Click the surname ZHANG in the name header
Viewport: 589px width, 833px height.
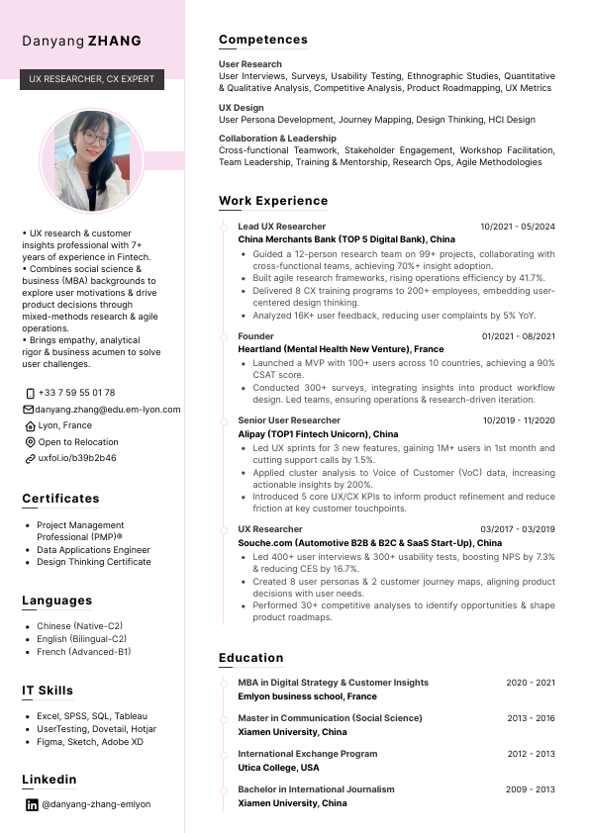pyautogui.click(x=115, y=42)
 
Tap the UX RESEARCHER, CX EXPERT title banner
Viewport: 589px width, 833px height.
pyautogui.click(x=92, y=78)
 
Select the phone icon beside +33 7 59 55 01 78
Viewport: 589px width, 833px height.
pyautogui.click(x=30, y=393)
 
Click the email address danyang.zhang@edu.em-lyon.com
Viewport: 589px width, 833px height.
pyautogui.click(x=108, y=410)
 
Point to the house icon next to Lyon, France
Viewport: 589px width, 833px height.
pyautogui.click(x=30, y=425)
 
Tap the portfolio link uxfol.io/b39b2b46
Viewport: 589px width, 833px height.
pyautogui.click(x=77, y=459)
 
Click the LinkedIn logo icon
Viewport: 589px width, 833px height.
pyautogui.click(x=31, y=804)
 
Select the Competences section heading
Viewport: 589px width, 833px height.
pyautogui.click(x=263, y=40)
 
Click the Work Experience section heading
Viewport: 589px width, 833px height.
pyautogui.click(x=273, y=201)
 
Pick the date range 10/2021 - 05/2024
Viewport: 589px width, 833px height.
pyautogui.click(x=518, y=227)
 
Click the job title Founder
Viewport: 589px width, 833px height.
pyautogui.click(x=255, y=337)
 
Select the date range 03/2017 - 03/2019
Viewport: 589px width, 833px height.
pyautogui.click(x=518, y=529)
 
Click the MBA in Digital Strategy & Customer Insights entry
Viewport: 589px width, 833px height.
pyautogui.click(x=333, y=683)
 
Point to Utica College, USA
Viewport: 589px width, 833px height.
pyautogui.click(x=278, y=768)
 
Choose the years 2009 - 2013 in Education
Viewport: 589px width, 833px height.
pyautogui.click(x=532, y=789)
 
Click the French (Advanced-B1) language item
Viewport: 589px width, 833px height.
pyautogui.click(x=83, y=652)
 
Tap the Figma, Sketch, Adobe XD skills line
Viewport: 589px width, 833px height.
pyautogui.click(x=90, y=742)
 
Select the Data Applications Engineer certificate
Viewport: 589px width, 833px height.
pyautogui.click(x=93, y=549)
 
